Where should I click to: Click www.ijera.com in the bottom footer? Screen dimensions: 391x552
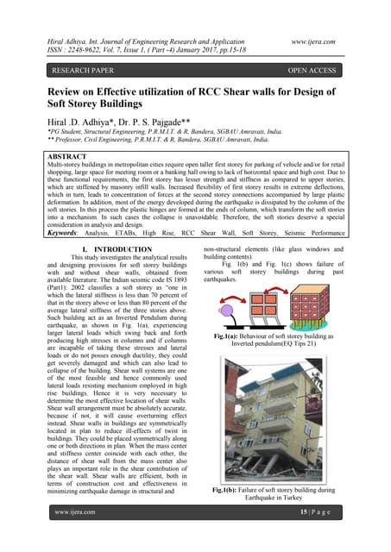[75, 535]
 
